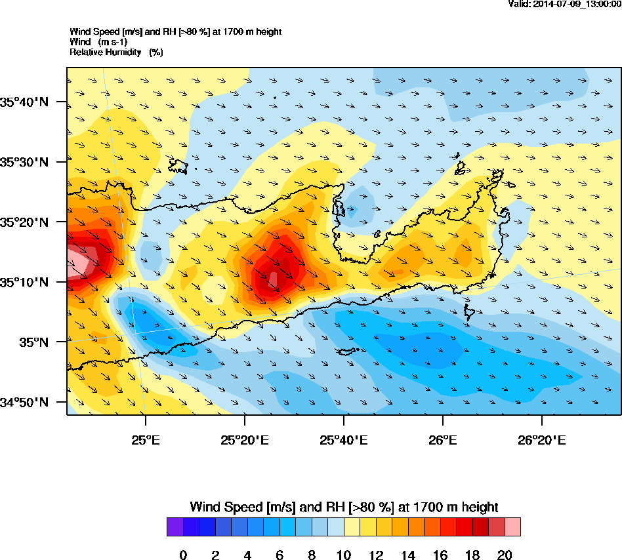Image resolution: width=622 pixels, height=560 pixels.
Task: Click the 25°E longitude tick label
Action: (145, 439)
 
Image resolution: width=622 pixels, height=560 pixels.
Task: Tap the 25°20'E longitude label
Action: (244, 439)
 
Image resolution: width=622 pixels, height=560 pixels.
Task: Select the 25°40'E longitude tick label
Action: (343, 439)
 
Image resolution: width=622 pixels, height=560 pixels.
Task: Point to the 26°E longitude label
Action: (443, 439)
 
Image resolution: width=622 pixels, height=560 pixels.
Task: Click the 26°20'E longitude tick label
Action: (542, 439)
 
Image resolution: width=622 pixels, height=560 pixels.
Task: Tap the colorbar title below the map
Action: (344, 507)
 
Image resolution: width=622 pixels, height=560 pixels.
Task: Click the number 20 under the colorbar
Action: (505, 555)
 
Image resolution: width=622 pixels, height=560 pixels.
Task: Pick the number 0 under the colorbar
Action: (183, 555)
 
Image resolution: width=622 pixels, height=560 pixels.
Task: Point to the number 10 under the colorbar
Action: (344, 555)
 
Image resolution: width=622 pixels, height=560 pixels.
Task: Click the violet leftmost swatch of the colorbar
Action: (175, 527)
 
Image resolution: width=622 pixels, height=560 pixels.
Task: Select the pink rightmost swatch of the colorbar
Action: (512, 527)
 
